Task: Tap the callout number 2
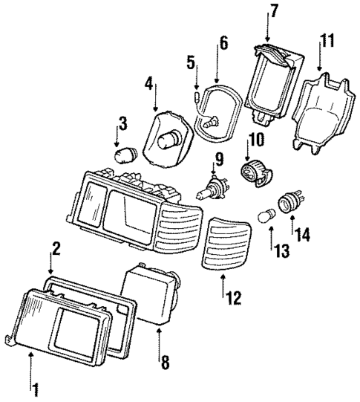(x=55, y=247)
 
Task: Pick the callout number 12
(x=233, y=298)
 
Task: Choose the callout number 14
(x=303, y=234)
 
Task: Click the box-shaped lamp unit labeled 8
(x=152, y=295)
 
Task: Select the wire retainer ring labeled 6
(x=217, y=111)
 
